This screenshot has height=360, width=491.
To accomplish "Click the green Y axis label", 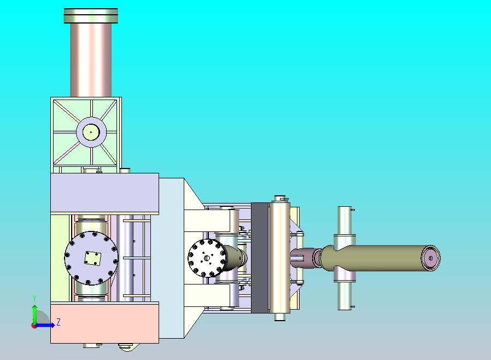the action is tap(34, 298).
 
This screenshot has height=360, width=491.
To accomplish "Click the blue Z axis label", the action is tap(59, 322).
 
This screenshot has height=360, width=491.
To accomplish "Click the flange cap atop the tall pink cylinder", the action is tap(91, 16).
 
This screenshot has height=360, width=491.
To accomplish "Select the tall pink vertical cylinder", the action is tap(91, 60).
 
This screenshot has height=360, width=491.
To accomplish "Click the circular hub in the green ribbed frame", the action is tap(91, 132).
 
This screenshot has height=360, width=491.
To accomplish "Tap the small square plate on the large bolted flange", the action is tap(93, 258).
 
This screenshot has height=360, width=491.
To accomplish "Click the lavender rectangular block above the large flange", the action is tap(104, 193).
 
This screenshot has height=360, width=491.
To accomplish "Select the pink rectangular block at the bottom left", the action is tap(104, 323).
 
